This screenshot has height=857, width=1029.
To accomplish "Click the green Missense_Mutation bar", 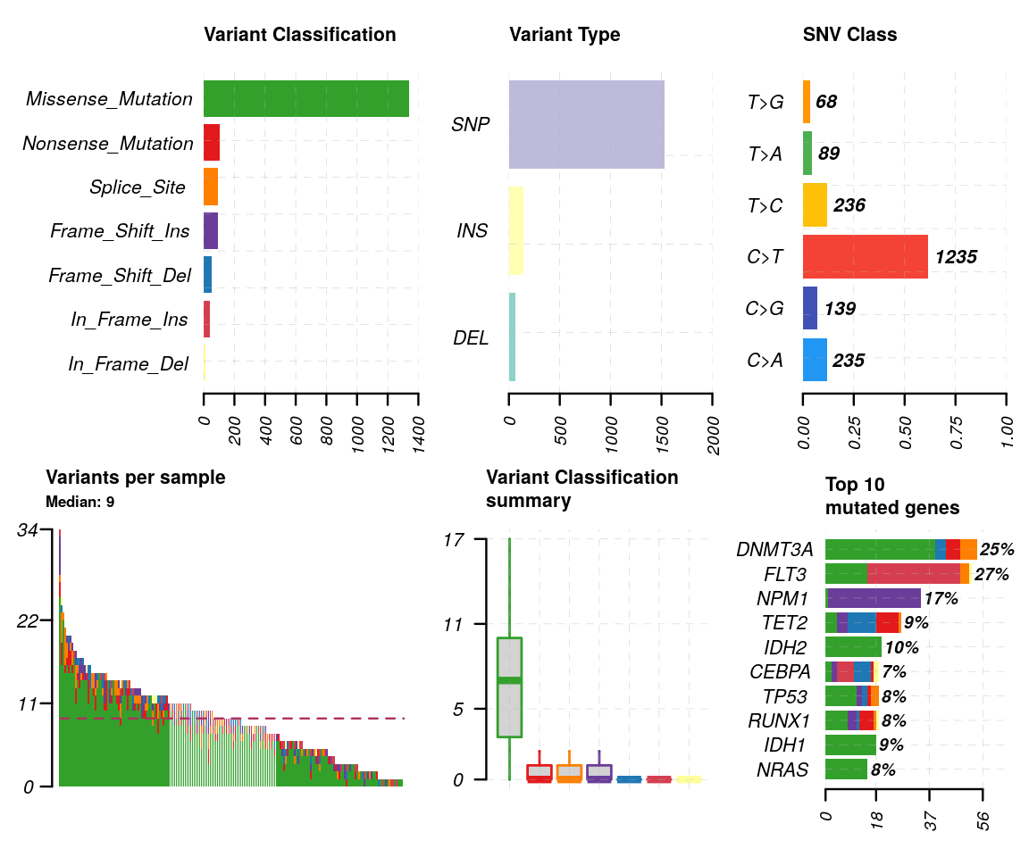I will (x=305, y=98).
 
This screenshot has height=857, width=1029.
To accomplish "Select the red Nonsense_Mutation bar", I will (x=212, y=143).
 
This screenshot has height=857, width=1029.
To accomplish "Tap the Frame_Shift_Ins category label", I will (x=120, y=231).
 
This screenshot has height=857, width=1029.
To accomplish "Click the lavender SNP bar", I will (x=586, y=124).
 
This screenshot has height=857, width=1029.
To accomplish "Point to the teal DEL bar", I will (x=512, y=337).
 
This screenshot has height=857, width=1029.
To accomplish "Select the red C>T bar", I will (x=865, y=257).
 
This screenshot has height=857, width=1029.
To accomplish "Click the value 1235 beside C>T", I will (x=956, y=258).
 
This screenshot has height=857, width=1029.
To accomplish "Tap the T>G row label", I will (x=765, y=103).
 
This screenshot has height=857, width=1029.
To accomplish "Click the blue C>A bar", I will (x=815, y=360).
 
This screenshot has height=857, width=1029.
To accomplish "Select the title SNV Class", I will (x=849, y=35).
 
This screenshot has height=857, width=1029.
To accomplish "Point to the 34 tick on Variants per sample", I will (x=27, y=530).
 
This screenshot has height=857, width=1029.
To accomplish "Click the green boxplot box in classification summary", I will (x=509, y=687).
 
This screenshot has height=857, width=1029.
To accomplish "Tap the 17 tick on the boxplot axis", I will (x=455, y=539).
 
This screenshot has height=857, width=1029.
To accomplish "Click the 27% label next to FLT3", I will (x=991, y=575).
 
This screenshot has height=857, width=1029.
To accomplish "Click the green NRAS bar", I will (x=846, y=769).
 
